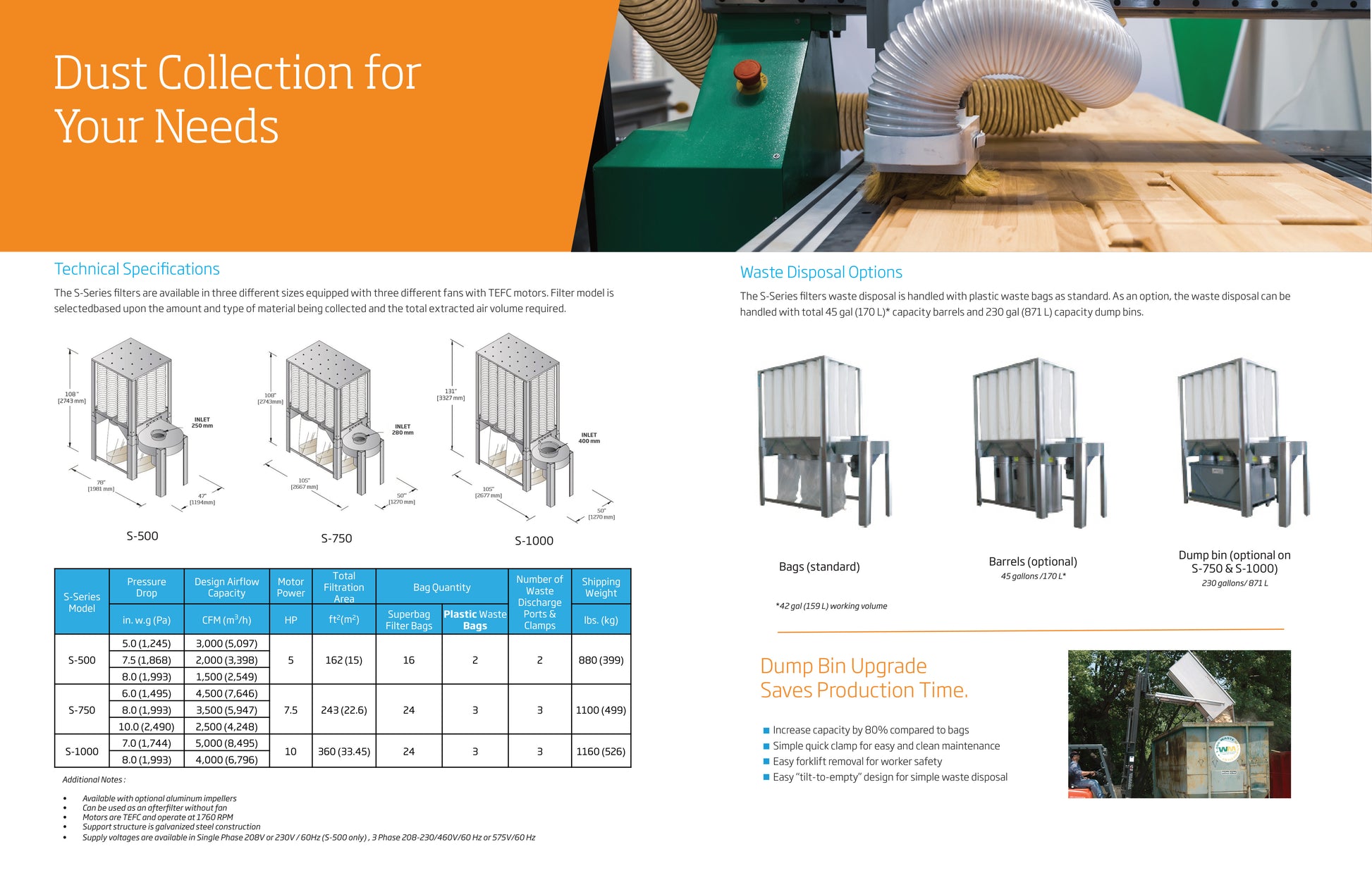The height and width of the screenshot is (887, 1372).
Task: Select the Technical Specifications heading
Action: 137,269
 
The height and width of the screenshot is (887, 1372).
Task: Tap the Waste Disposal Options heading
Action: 821,273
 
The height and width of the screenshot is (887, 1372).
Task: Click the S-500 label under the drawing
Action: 142,536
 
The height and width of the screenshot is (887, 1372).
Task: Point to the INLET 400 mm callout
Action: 589,438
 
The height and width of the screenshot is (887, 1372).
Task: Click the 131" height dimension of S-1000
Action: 451,395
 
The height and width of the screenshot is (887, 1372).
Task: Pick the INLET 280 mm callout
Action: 403,429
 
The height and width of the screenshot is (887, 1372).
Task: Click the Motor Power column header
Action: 290,588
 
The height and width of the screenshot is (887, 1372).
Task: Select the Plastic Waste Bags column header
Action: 475,620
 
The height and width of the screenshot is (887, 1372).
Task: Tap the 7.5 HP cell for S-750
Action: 290,710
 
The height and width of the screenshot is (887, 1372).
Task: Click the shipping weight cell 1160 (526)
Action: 601,752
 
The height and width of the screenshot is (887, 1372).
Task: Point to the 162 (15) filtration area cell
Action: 344,660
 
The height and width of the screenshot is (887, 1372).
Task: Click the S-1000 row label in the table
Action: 82,752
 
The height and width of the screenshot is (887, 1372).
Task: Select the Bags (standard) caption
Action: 819,567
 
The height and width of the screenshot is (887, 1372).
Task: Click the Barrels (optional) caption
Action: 1033,562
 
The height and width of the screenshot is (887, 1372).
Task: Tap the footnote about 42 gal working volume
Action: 831,606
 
